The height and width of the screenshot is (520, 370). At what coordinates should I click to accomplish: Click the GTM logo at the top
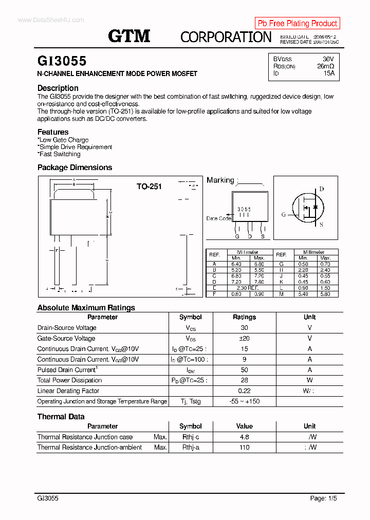pos(129,36)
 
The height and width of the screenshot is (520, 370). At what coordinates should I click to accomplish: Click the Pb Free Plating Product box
pos(297,23)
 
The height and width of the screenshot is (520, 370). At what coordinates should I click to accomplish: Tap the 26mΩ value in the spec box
pos(325,66)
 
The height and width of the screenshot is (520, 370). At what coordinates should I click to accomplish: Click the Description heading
pos(58,88)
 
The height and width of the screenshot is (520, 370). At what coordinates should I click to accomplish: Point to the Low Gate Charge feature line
pos(63,140)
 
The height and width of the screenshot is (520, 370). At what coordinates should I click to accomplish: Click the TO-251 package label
pos(149,187)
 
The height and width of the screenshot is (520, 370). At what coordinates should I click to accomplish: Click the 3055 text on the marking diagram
pos(244,210)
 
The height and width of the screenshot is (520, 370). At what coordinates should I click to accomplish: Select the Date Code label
pos(218,218)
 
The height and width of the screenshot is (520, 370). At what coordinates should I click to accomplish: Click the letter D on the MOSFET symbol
pos(322,189)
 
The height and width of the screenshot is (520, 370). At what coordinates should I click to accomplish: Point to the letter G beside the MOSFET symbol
pos(283,215)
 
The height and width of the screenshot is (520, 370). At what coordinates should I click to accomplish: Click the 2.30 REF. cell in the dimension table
pos(248,288)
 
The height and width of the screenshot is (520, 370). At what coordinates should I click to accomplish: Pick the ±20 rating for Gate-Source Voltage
pos(244,339)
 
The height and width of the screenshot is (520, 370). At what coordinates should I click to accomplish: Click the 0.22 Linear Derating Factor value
pos(244,391)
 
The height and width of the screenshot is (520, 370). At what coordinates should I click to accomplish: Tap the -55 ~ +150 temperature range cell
pos(244,401)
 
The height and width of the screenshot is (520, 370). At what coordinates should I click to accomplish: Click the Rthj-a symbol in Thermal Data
pos(191,448)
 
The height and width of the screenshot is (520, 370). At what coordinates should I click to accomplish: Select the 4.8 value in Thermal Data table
pos(244,437)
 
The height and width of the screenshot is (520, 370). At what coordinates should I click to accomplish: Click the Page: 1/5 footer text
pos(324,498)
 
